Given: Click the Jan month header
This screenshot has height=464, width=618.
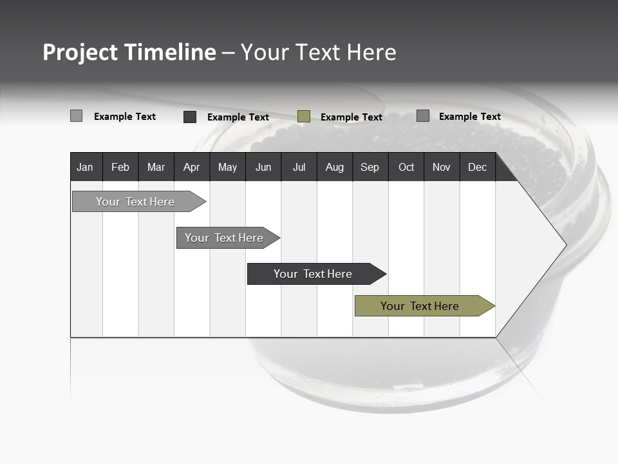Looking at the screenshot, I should coord(85,168).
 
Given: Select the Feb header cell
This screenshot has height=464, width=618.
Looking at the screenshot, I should coord(120,168).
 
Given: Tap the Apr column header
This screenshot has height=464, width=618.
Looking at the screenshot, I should coord(191,168).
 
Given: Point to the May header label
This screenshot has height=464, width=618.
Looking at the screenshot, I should coord(227,168).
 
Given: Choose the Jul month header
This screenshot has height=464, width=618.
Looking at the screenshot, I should coord(299,168).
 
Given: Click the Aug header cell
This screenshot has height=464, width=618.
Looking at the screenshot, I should coord(334,168).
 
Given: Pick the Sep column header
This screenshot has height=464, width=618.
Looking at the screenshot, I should coord(370,168).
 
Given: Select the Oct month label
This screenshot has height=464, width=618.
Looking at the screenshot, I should coord(406,168).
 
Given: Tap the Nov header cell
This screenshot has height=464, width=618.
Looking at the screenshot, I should coord(442,168).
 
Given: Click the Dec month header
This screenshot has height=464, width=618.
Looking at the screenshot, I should coord(477,168).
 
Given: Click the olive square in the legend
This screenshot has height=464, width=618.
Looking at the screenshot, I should coord(304,117).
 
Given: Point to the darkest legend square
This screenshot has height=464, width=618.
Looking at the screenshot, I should coord(190,117).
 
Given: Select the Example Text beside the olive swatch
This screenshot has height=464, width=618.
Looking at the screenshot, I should coord(351,117).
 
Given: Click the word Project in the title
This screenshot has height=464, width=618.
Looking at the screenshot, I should coord(80,52).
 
